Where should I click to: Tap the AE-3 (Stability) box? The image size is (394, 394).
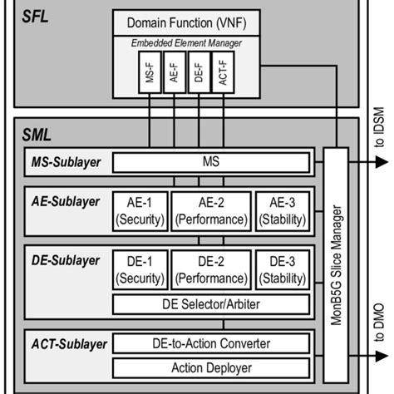click(283, 209)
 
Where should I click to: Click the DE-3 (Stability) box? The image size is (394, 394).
click(283, 268)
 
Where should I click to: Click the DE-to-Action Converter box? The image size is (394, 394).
click(211, 342)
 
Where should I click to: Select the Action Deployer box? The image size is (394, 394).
click(211, 367)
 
